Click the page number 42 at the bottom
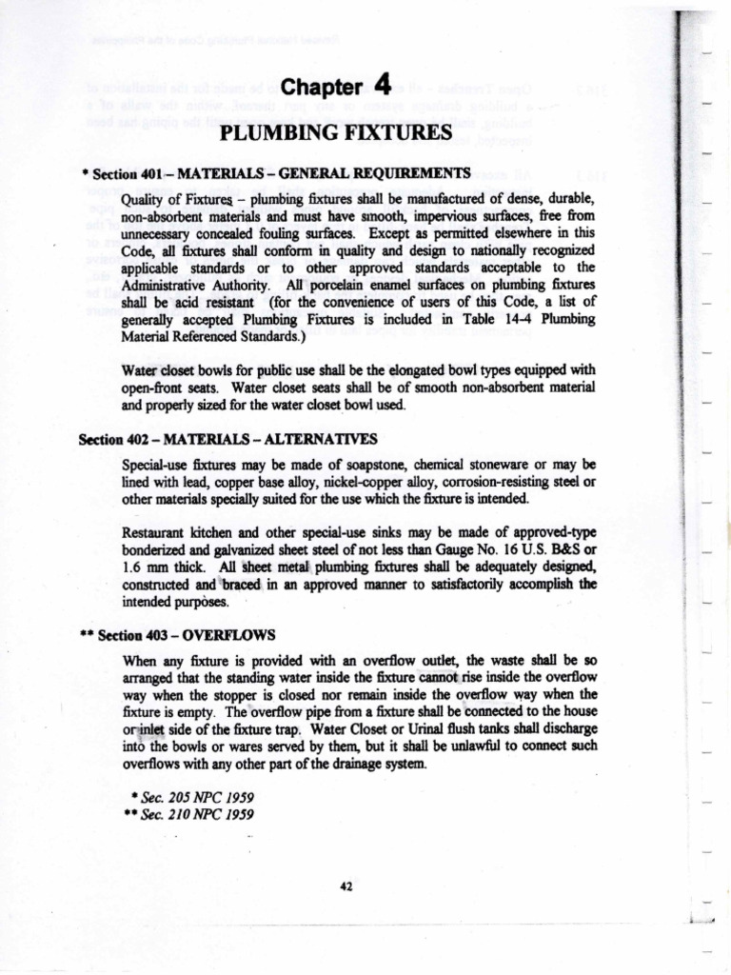coord(346,886)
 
